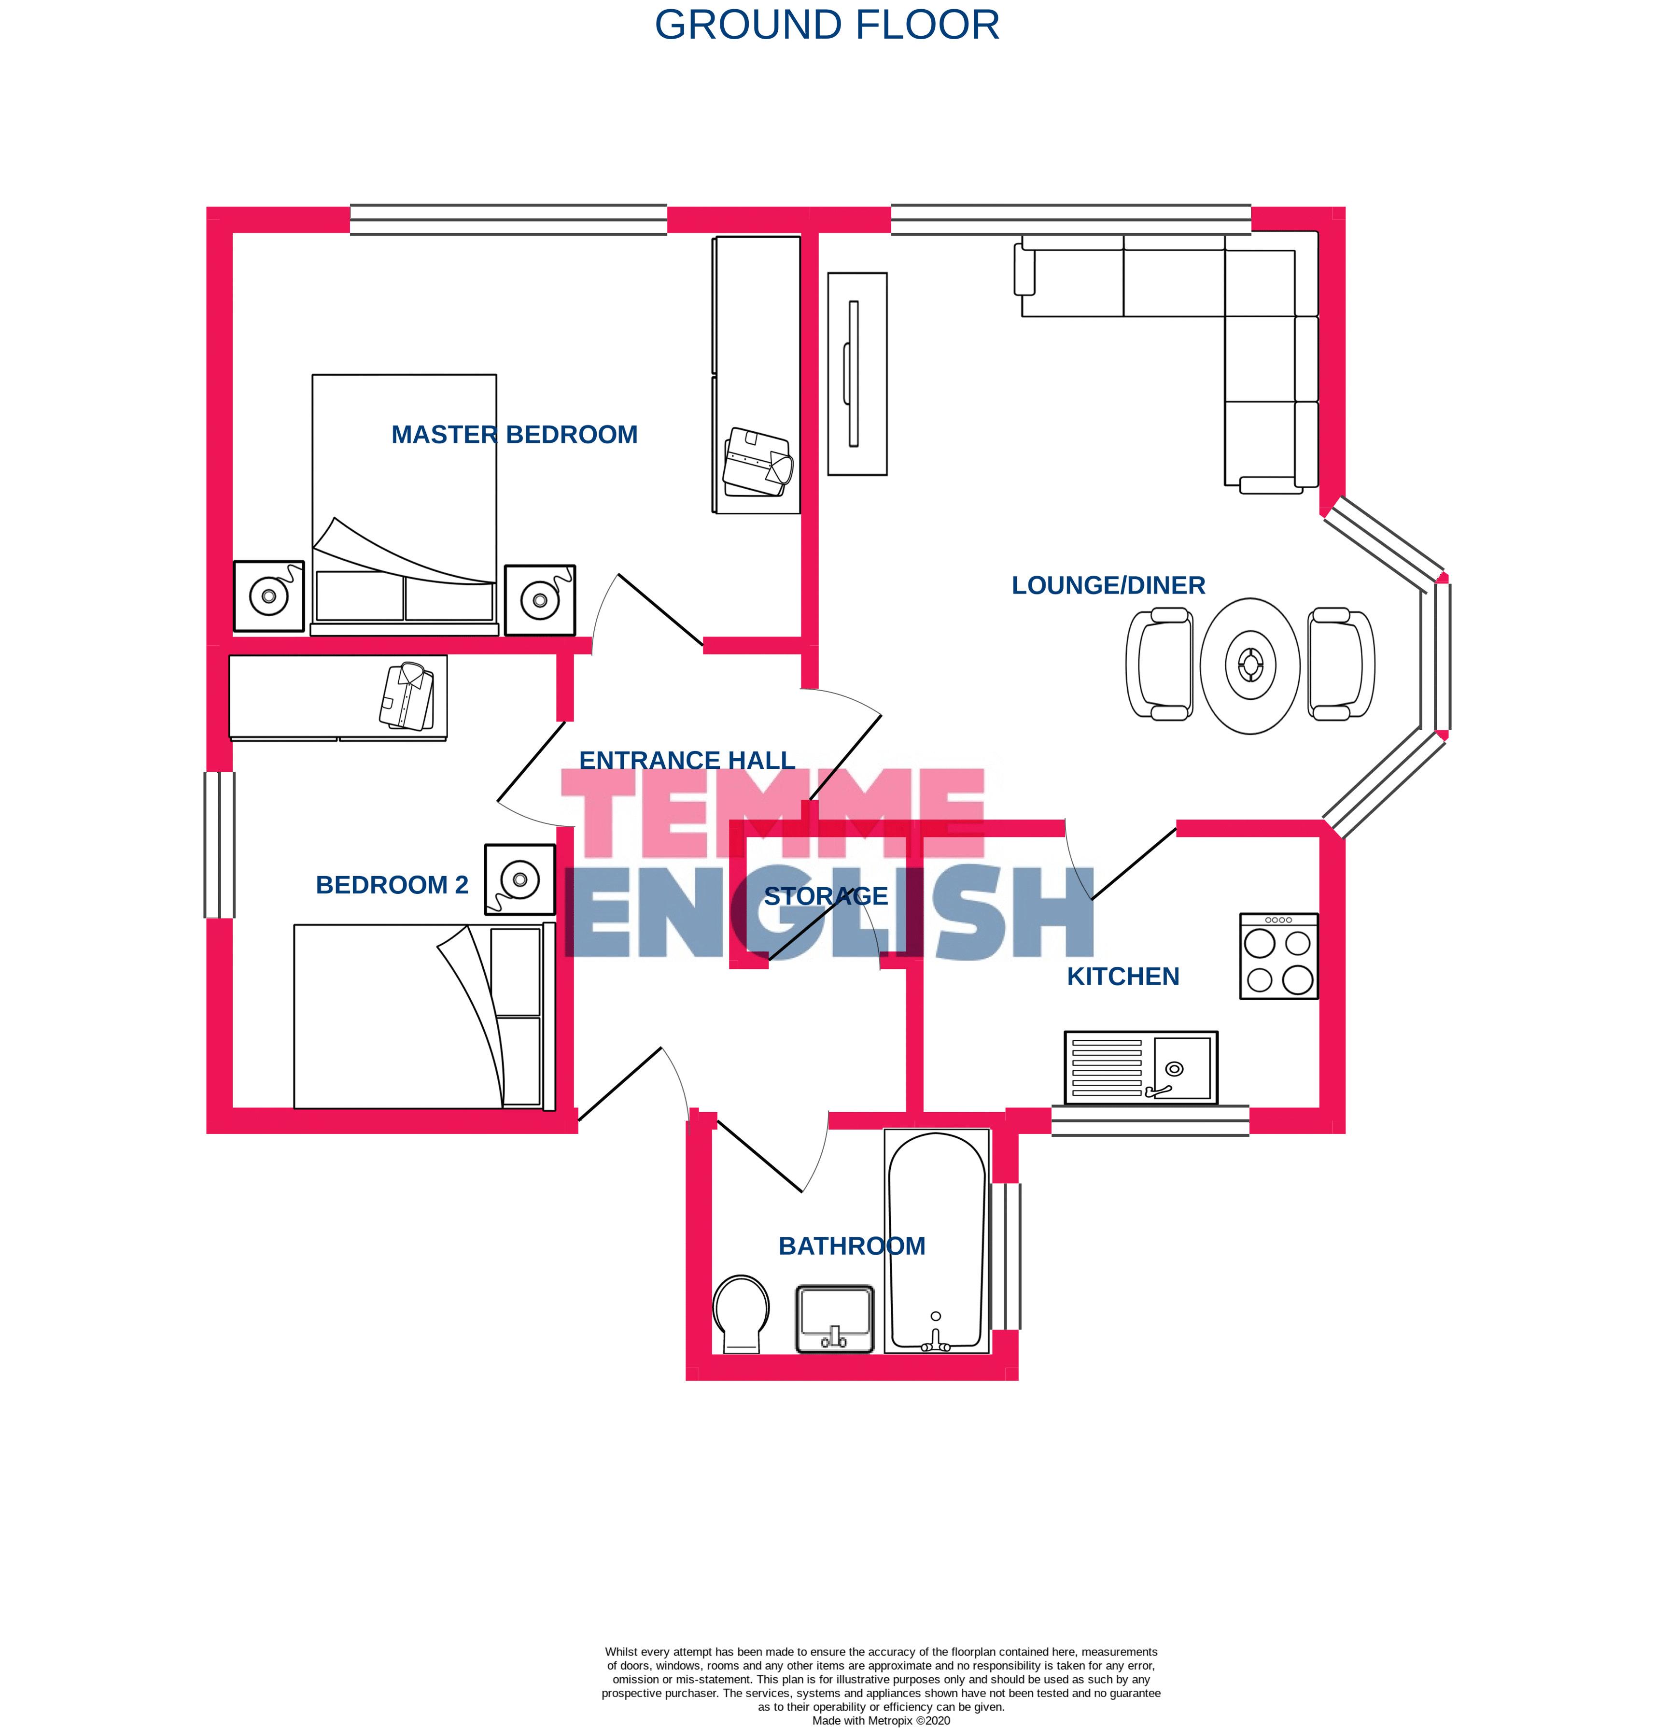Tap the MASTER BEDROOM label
coord(515,435)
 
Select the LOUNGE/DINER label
coord(1108,585)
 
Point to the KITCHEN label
coord(1122,977)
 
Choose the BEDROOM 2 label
coord(392,885)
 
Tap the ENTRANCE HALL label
coord(687,760)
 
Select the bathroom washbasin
coord(835,1319)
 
